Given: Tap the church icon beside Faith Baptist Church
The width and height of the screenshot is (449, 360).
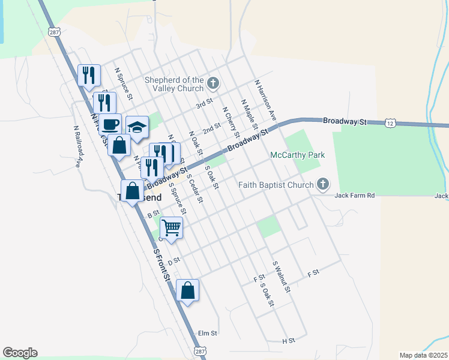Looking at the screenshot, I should [x=323, y=184].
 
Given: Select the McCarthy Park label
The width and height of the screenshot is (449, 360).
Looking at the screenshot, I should [x=297, y=155].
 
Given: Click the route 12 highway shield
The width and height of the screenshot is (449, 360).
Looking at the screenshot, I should [x=391, y=122].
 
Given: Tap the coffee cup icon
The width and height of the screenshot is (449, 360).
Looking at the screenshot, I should [x=110, y=125].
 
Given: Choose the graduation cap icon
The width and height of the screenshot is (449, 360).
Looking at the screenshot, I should [x=137, y=127].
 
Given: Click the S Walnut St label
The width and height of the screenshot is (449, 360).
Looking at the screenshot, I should [x=282, y=277].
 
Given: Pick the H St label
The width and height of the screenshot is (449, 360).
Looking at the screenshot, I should [x=289, y=341].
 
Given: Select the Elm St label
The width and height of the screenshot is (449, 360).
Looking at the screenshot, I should [x=207, y=332].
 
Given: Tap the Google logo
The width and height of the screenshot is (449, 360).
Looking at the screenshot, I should [x=20, y=353].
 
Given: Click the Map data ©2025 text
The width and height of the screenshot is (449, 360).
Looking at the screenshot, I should [x=423, y=355].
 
